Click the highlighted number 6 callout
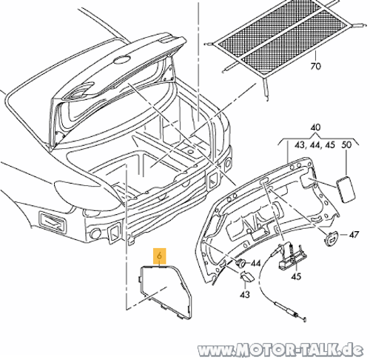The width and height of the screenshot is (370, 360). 160,256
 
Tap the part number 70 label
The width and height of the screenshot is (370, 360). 315,66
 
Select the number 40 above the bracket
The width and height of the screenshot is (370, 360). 315,127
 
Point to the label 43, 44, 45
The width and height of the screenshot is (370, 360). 314,144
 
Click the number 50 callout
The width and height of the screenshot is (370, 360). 346,144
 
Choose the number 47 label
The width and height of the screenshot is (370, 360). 354,234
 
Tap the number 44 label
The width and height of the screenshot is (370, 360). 255,264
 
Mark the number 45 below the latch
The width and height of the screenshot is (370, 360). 296,276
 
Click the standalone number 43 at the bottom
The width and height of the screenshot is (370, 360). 245,295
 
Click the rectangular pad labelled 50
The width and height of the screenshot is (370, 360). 346,190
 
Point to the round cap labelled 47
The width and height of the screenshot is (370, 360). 331,238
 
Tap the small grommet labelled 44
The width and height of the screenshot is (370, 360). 240,263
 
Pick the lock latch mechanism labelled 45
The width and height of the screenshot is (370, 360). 291,257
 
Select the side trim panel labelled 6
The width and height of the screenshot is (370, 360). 165,291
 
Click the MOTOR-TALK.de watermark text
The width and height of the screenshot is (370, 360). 280,350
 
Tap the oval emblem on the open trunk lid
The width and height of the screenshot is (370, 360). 122,60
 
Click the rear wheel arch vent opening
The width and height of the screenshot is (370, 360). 53,223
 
